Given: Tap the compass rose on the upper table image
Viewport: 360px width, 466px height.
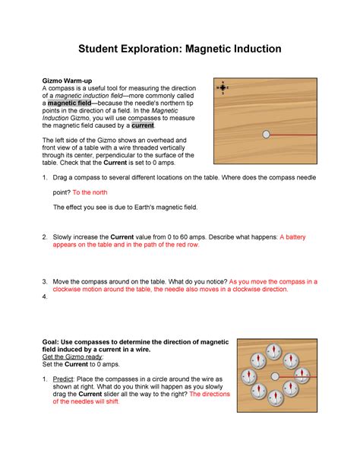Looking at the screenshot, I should coord(223,87).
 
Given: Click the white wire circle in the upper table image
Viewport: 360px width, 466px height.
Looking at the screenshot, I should coord(266,134).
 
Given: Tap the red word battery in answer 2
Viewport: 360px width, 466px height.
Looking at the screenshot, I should coord(295,237).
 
